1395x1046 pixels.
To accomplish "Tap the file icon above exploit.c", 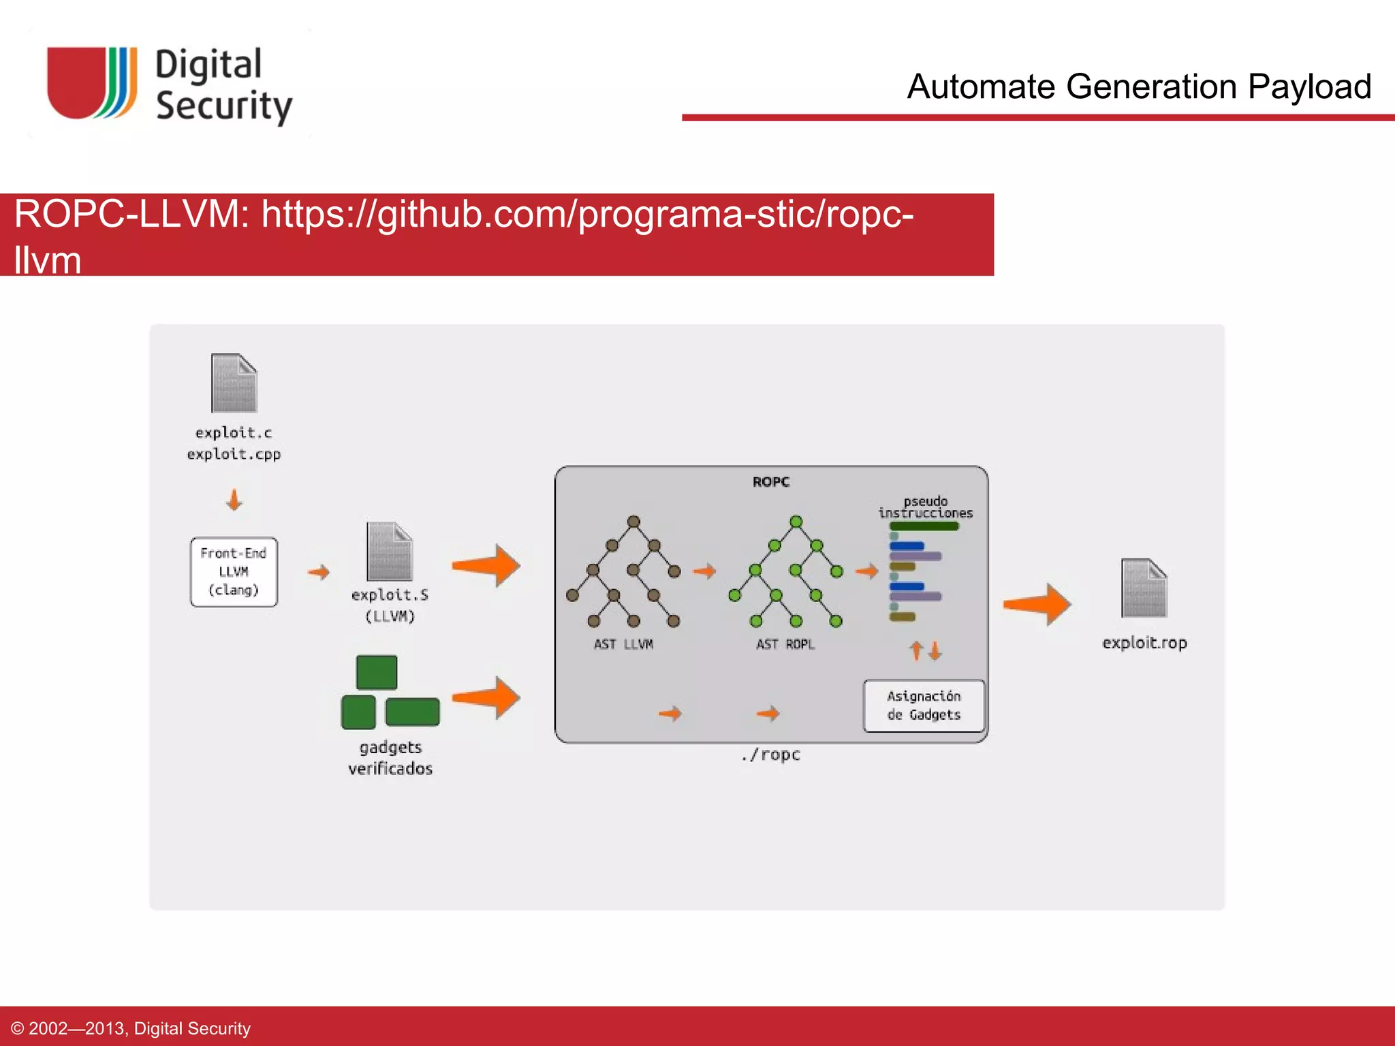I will click(234, 383).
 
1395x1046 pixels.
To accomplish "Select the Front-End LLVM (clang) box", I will click(234, 572).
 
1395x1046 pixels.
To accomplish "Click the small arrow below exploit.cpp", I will click(234, 499).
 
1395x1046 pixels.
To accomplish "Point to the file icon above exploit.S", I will click(390, 552).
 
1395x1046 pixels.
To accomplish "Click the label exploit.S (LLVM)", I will click(390, 605).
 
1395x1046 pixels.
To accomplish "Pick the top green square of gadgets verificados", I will click(377, 672).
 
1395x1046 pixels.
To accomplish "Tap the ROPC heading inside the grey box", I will click(770, 482).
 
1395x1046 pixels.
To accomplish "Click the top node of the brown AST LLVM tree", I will click(633, 522).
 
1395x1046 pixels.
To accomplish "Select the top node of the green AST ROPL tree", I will click(796, 522).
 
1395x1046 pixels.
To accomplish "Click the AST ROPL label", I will click(785, 644).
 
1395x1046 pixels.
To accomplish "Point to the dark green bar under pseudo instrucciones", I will click(924, 526).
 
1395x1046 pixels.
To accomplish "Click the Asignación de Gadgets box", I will click(924, 706).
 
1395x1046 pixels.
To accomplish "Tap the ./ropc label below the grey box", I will click(770, 755).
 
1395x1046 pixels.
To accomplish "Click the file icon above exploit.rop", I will click(1144, 588).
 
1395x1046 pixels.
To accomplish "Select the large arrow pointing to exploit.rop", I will click(1037, 604).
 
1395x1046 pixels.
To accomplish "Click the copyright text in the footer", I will click(131, 1028).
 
